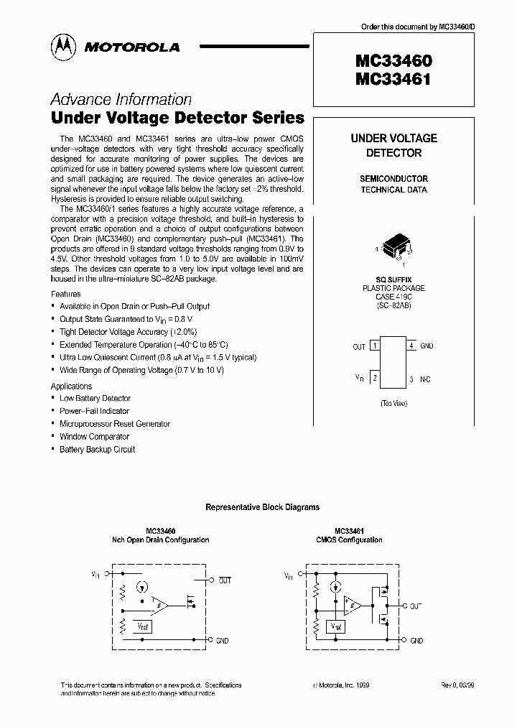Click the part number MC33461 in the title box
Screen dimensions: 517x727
click(x=393, y=80)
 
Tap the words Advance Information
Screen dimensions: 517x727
click(x=121, y=100)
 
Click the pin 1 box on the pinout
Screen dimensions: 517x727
click(x=375, y=346)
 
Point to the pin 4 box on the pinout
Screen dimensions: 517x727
click(x=411, y=346)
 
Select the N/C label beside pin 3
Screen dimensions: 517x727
click(x=427, y=378)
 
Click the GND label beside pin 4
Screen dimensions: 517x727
click(x=427, y=346)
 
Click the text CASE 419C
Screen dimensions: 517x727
click(x=393, y=297)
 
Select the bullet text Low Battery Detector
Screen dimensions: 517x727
click(x=95, y=398)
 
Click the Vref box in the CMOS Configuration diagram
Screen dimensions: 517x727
click(x=336, y=626)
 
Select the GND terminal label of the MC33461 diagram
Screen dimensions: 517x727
click(x=416, y=640)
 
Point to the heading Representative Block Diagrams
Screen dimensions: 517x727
click(x=262, y=507)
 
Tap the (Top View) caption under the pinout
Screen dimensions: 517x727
click(x=393, y=404)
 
